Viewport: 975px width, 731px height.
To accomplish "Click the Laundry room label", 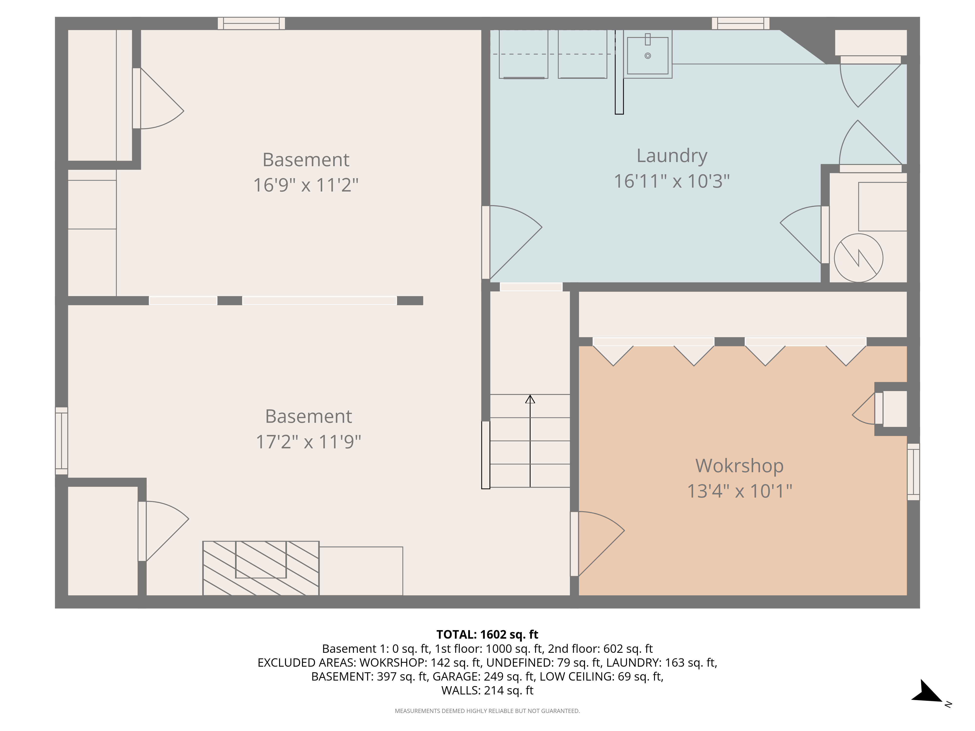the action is pyautogui.click(x=672, y=155).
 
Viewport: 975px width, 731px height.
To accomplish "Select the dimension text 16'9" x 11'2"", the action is pyautogui.click(x=306, y=185).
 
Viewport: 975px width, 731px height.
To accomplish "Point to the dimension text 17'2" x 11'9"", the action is pyautogui.click(x=309, y=442).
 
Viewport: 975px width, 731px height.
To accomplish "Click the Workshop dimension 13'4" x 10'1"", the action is pyautogui.click(x=740, y=491).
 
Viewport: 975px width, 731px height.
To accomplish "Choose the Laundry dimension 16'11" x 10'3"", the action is pyautogui.click(x=672, y=181).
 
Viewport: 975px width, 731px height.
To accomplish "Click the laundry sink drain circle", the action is pyautogui.click(x=647, y=56).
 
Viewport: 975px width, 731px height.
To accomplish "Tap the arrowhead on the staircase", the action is pyautogui.click(x=530, y=399).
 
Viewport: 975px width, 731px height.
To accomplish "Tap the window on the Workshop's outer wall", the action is pyautogui.click(x=913, y=472).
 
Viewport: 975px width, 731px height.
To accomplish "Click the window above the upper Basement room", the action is pyautogui.click(x=251, y=23).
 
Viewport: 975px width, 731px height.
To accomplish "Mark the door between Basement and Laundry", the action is pyautogui.click(x=512, y=242).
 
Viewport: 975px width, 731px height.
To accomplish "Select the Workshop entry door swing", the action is pyautogui.click(x=597, y=544).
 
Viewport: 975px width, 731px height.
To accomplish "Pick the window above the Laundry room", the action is pyautogui.click(x=741, y=23).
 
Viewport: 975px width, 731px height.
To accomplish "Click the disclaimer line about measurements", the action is pyautogui.click(x=487, y=711).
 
